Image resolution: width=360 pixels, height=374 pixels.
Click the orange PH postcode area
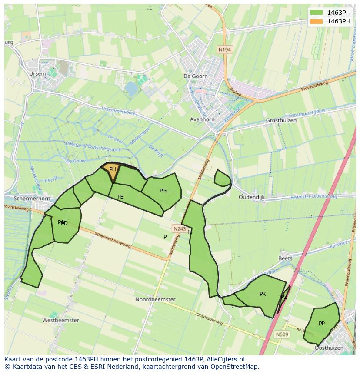pyautogui.click(x=111, y=171)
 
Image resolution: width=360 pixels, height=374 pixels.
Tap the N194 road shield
pyautogui.click(x=224, y=50)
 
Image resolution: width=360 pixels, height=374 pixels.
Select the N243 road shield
pyautogui.click(x=179, y=228)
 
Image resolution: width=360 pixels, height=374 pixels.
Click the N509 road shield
pyautogui.click(x=282, y=334)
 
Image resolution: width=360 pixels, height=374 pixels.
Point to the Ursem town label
pyautogui.click(x=37, y=74)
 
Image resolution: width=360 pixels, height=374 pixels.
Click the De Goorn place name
pyautogui.click(x=196, y=76)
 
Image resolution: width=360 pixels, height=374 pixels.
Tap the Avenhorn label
pyautogui.click(x=203, y=119)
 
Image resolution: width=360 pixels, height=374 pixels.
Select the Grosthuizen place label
pyautogui.click(x=281, y=120)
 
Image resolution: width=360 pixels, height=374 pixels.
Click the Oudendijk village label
pyautogui.click(x=252, y=197)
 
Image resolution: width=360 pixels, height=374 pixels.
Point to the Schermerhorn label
pyautogui.click(x=32, y=199)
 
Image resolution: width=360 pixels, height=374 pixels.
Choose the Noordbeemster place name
pyautogui.click(x=155, y=299)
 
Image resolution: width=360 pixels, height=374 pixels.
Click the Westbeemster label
pyautogui.click(x=60, y=320)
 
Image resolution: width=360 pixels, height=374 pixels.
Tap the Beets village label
pyautogui.click(x=285, y=258)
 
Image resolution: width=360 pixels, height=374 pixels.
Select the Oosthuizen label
pyautogui.click(x=329, y=348)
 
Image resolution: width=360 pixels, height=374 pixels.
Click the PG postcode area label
pyautogui.click(x=163, y=190)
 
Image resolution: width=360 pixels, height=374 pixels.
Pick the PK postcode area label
pyautogui.click(x=263, y=294)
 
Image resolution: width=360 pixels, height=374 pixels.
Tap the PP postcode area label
pyautogui.click(x=322, y=323)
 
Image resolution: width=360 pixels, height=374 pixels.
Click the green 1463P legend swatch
pyautogui.click(x=317, y=12)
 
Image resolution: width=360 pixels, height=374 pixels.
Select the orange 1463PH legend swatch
pyautogui.click(x=317, y=21)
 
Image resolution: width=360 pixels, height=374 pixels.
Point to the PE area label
pyautogui.click(x=120, y=197)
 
